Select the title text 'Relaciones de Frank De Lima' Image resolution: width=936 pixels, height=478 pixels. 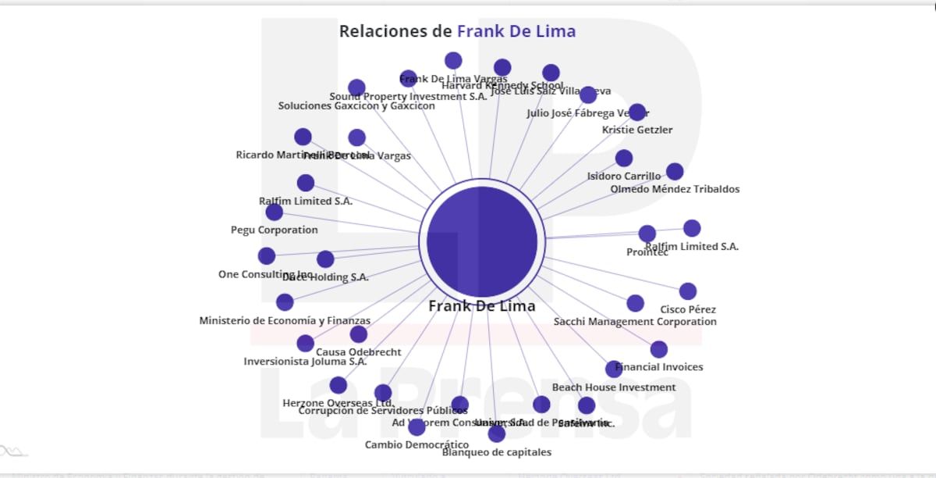tap(457, 32)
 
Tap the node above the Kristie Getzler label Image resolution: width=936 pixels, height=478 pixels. tap(637, 112)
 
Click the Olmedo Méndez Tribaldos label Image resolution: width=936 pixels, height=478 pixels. tap(675, 189)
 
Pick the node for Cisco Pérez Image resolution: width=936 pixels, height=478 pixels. tap(688, 291)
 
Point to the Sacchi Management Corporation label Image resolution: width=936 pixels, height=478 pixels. tap(635, 322)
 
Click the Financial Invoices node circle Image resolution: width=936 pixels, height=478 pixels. tap(659, 349)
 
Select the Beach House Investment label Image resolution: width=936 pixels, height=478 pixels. tap(614, 387)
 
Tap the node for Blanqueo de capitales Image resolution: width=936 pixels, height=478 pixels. tap(497, 433)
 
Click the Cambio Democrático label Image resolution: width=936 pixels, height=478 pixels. tap(417, 445)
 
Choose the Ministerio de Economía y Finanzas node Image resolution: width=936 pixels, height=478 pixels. tap(285, 302)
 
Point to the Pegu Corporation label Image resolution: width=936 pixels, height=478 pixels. tap(275, 230)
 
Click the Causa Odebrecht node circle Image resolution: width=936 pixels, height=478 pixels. tap(359, 334)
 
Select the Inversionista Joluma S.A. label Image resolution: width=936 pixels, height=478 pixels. tap(305, 362)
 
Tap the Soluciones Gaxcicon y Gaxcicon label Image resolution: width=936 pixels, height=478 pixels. tap(356, 106)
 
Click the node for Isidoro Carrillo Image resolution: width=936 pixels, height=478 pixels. tap(624, 159)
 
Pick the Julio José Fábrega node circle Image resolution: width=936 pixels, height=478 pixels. tap(588, 95)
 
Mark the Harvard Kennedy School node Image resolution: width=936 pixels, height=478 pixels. tap(502, 68)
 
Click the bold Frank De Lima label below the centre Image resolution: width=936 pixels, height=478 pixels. tap(482, 306)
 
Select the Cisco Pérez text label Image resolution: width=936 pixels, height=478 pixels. tap(688, 309)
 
